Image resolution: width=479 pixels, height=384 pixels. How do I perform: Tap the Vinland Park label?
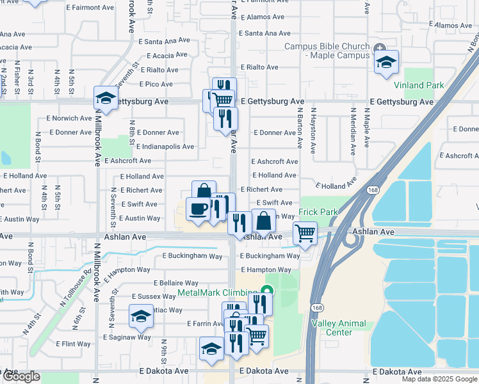[x=418, y=85]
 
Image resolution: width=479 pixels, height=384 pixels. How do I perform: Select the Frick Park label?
[x=317, y=212]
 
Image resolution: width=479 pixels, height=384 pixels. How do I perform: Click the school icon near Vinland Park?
[x=386, y=63]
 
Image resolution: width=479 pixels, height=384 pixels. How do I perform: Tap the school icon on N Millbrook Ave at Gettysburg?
[x=106, y=99]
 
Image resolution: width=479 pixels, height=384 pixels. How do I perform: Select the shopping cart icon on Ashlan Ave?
[x=305, y=233]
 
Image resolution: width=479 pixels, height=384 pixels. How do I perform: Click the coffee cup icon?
[x=198, y=209]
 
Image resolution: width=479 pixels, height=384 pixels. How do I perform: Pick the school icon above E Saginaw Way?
[x=142, y=316]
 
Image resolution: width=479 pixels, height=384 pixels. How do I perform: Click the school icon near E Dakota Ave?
[x=211, y=349]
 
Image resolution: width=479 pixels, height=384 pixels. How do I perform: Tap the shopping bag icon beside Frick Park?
[x=263, y=221]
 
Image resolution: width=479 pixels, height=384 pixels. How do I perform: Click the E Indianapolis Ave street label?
[x=165, y=147]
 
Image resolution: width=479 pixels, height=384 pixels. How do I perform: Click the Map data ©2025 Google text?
[x=439, y=379]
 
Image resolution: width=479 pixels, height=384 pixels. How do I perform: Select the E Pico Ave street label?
[x=156, y=84]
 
